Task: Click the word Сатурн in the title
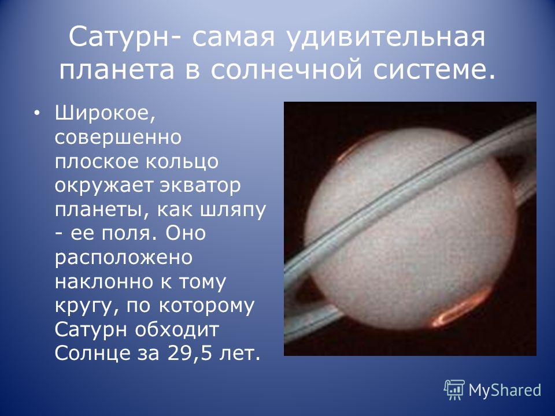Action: coord(119,36)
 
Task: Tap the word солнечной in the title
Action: coord(286,69)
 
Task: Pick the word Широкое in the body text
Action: coord(105,114)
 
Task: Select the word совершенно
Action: coord(118,138)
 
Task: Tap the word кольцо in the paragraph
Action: coord(182,161)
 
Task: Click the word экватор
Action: coord(200,186)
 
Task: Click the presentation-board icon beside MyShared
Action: coord(454,390)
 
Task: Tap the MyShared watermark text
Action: coord(505,390)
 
